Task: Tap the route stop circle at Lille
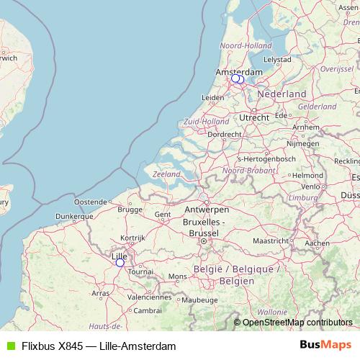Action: click(x=120, y=263)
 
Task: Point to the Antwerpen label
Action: click(x=207, y=210)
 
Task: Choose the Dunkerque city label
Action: click(x=75, y=215)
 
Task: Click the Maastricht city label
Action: click(x=271, y=240)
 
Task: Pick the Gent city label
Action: click(x=162, y=214)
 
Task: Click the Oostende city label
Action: click(x=91, y=202)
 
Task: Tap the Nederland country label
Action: click(x=282, y=94)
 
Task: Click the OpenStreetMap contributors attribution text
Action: click(x=297, y=322)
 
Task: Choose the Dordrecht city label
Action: click(x=224, y=134)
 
